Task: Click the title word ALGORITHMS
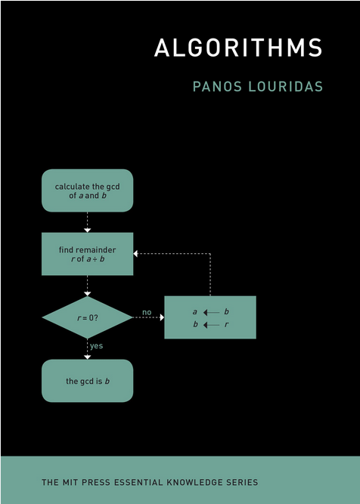[x=238, y=48]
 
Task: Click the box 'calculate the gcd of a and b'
[x=87, y=190]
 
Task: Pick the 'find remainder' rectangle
[x=87, y=254]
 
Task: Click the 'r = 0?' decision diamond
[x=87, y=317]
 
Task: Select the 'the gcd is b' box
[x=87, y=381]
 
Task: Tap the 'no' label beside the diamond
[x=147, y=312]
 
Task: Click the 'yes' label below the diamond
[x=96, y=346]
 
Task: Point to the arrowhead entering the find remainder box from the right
[x=136, y=254]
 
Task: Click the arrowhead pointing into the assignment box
[x=162, y=317]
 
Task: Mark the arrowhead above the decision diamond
[x=87, y=294]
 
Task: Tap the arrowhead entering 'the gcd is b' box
[x=87, y=357]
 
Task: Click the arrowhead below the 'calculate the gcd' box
[x=87, y=230]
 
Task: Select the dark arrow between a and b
[x=211, y=312]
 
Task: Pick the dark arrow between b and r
[x=211, y=325]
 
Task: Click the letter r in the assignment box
[x=226, y=325]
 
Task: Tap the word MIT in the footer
[x=69, y=482]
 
